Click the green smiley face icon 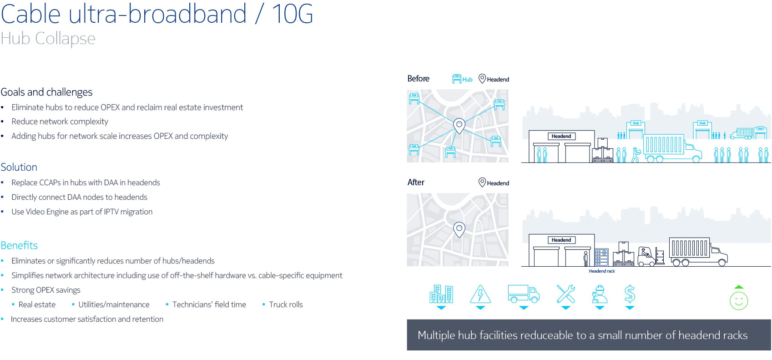point(739,301)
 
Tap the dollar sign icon point(630,294)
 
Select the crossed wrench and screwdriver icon point(565,294)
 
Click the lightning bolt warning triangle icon point(480,294)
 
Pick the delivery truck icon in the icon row point(524,294)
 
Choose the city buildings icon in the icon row point(441,294)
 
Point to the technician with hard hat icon point(600,294)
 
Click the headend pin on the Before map point(459,126)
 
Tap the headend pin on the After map point(459,230)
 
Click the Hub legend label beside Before point(467,79)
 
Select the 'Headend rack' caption point(602,271)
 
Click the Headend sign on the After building point(561,240)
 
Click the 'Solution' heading point(19,167)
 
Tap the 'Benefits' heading point(19,245)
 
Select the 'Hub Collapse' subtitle point(48,39)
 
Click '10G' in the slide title point(293,14)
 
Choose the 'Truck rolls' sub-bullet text point(286,304)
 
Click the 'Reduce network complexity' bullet point(60,122)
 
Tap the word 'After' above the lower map point(416,182)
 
